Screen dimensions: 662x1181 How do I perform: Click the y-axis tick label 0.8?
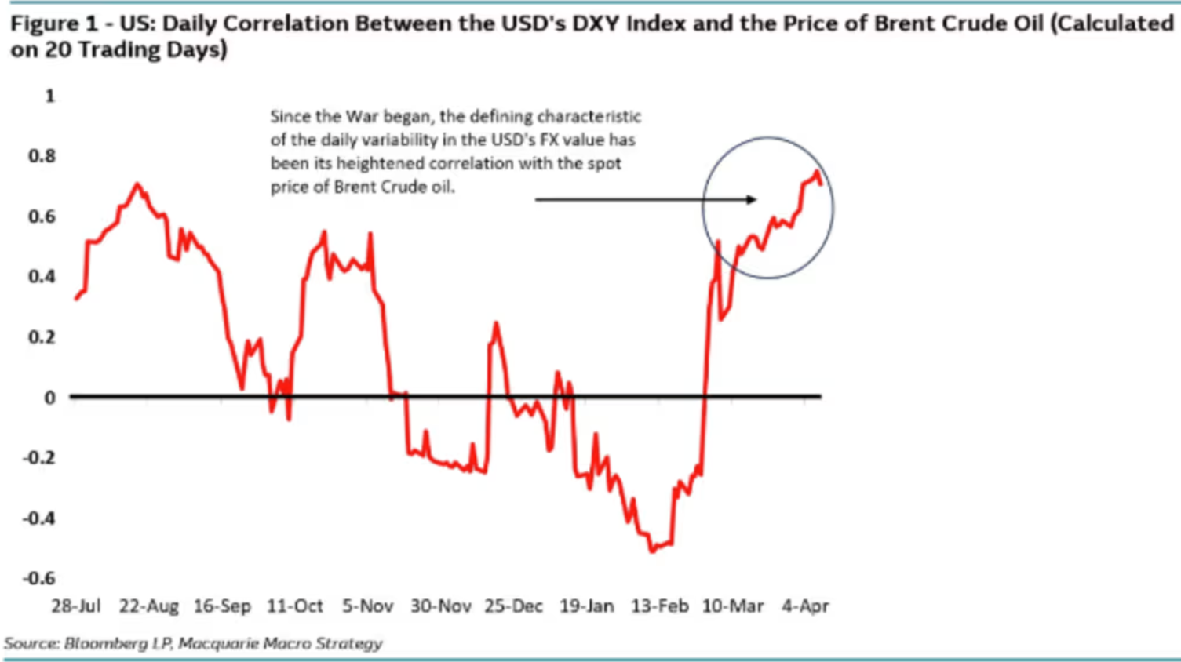42,155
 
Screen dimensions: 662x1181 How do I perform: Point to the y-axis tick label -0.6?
39,578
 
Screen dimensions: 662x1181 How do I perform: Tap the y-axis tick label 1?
50,96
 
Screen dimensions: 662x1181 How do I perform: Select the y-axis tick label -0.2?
39,457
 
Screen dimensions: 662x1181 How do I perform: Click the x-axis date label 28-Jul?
76,606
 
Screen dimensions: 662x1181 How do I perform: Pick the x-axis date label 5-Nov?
367,606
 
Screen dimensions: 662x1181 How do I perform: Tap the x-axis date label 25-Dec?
513,606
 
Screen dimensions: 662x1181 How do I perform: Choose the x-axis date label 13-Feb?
659,606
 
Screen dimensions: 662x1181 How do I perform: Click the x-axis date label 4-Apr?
805,606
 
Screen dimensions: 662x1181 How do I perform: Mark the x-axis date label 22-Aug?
149,606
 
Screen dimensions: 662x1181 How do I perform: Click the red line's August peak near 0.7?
137,185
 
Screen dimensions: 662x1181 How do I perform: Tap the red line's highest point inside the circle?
817,173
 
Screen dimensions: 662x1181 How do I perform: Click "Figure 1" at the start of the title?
54,24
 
